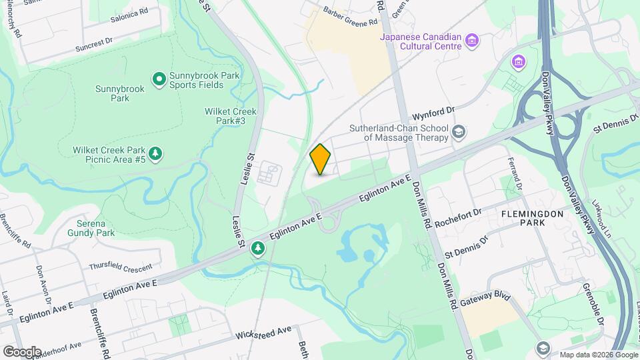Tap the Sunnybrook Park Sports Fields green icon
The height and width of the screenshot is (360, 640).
coord(159,80)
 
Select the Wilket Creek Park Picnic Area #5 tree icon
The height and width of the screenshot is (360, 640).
coord(155,154)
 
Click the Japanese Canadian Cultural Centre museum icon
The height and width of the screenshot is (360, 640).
coord(472,41)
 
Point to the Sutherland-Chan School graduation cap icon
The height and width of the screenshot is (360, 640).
coord(458,132)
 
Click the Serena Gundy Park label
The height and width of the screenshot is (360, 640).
coord(91,227)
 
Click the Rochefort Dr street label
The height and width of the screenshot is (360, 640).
coord(458,219)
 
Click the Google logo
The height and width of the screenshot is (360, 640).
coord(22,351)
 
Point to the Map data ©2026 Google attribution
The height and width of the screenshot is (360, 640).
coord(598,355)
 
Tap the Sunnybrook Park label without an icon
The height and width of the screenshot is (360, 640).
coord(111,93)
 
